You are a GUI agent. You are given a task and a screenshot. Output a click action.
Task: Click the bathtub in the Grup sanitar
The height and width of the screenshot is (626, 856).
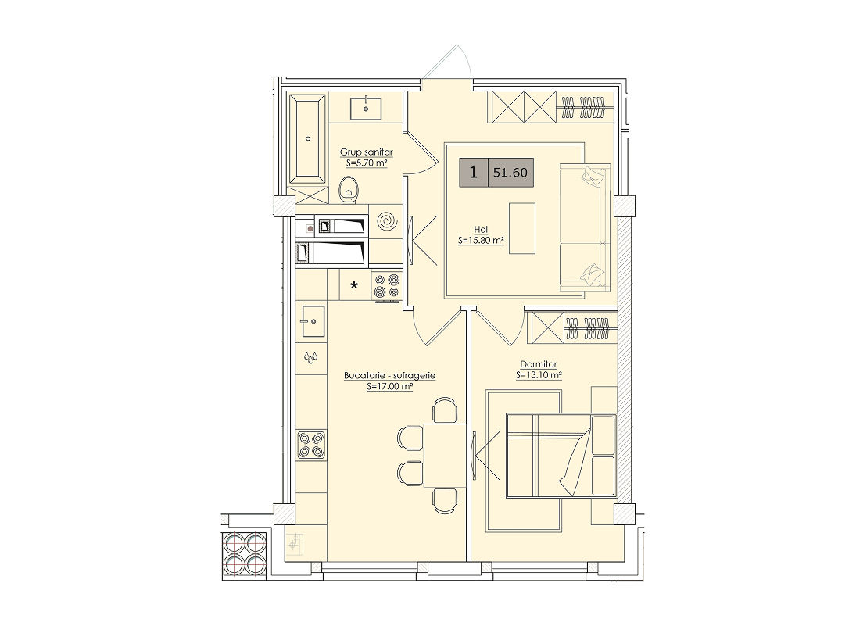[308, 139]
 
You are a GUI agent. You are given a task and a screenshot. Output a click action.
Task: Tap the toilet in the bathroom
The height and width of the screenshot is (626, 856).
[349, 191]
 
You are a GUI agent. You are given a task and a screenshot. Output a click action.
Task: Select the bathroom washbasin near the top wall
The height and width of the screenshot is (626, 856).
[366, 108]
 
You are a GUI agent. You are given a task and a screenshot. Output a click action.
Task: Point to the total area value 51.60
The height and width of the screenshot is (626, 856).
[510, 173]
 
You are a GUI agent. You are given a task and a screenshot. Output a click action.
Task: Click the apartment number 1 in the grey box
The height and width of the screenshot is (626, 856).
[473, 173]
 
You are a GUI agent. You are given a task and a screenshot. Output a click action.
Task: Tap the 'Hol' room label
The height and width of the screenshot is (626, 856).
[481, 230]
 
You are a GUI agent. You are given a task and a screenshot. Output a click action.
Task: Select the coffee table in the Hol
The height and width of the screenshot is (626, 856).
[522, 228]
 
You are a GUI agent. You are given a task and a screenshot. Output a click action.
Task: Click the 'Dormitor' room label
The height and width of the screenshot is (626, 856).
[539, 364]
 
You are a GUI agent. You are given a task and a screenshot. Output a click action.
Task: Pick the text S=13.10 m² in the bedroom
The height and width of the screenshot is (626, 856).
[539, 375]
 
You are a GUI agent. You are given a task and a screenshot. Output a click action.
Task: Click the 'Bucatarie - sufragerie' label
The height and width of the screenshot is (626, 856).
[390, 376]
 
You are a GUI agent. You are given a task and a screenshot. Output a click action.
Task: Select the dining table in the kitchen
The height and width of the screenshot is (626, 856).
[444, 455]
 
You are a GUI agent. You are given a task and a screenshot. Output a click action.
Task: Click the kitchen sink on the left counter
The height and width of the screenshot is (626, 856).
[313, 321]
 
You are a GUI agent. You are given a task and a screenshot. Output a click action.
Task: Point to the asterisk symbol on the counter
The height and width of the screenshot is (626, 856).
[354, 285]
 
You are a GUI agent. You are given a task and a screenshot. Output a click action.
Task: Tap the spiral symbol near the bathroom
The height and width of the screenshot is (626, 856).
[389, 222]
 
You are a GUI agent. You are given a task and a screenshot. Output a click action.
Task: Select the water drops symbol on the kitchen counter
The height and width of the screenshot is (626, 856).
[310, 357]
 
